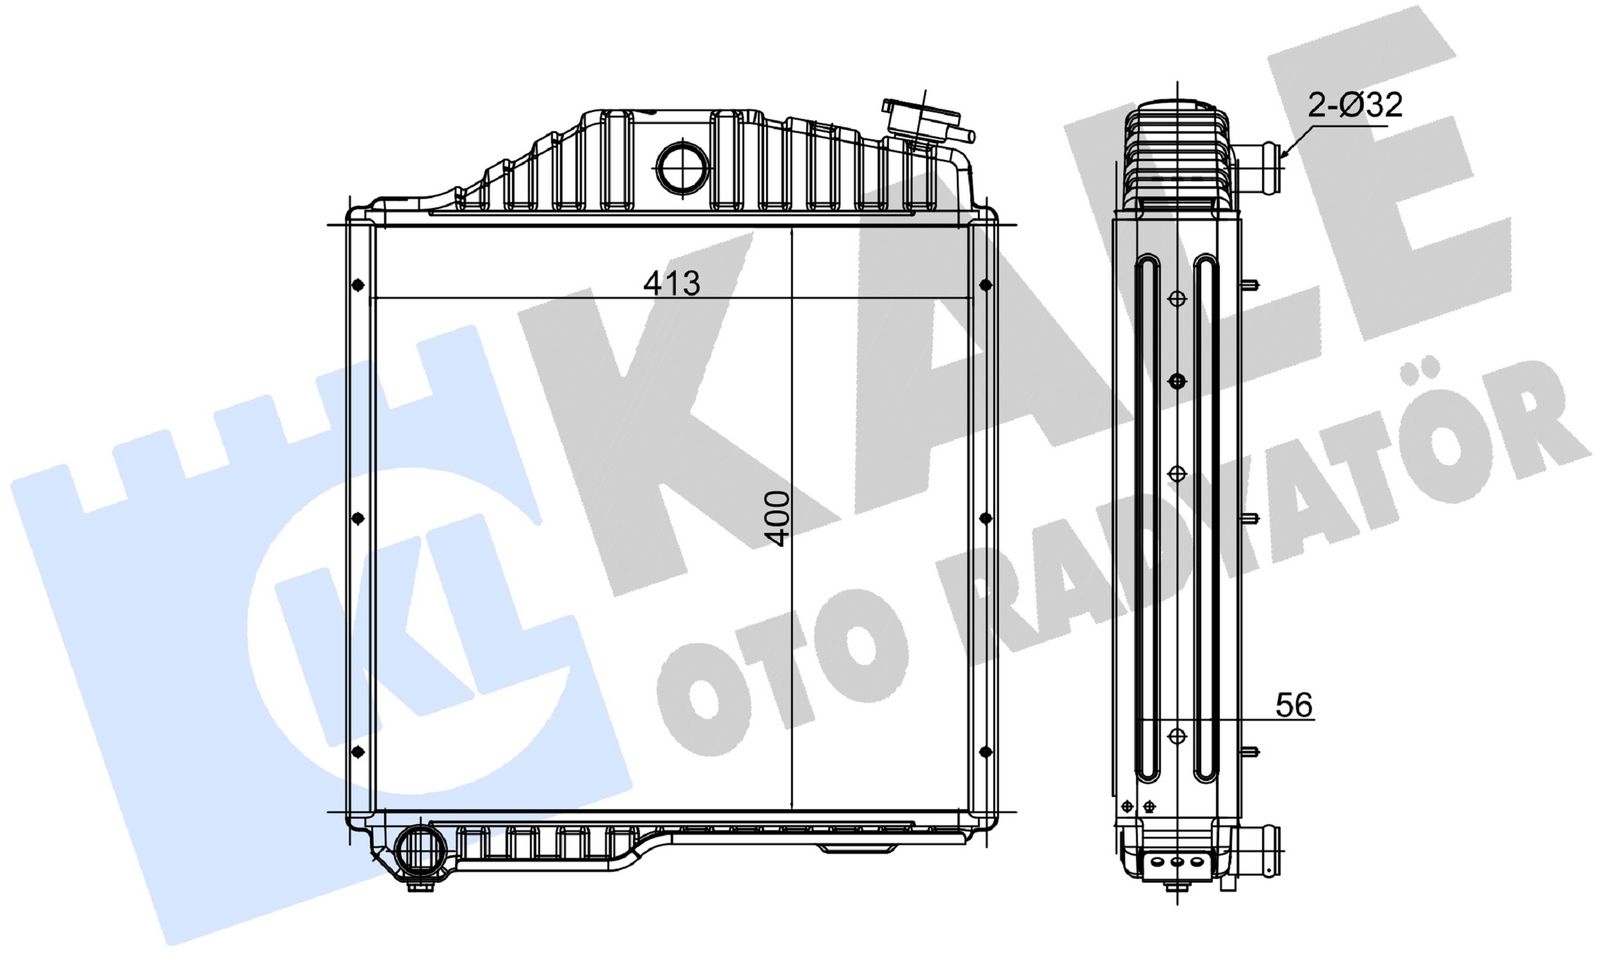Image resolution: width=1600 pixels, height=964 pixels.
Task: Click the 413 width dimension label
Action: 671,283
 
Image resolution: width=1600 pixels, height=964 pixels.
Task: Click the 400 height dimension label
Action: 777,518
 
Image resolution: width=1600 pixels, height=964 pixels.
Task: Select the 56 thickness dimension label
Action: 1293,705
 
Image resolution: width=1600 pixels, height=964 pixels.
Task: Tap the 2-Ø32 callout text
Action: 1355,104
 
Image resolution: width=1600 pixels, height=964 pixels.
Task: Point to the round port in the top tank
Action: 683,166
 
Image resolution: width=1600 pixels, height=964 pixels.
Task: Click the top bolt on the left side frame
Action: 358,286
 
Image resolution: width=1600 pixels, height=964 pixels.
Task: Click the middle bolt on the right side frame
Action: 985,518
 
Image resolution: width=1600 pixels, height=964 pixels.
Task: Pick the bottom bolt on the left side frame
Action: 358,751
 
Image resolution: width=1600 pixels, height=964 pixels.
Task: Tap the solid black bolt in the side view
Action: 1177,381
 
